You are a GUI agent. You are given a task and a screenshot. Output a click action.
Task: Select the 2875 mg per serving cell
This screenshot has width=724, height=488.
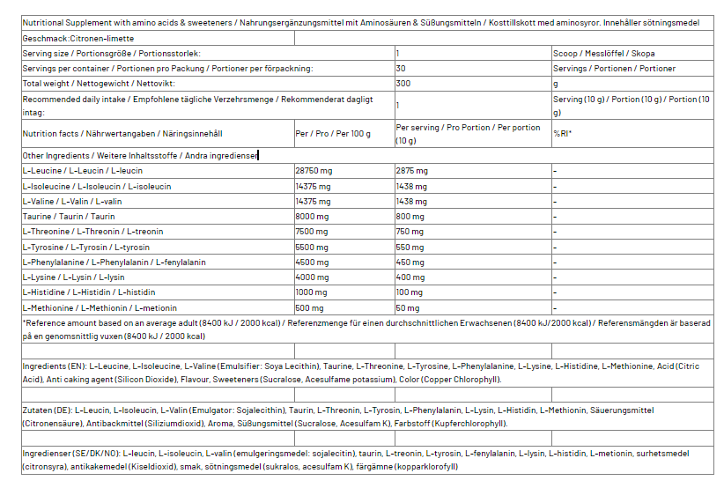(x=412, y=170)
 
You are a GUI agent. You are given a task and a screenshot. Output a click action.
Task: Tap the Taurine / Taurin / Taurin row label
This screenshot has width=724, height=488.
(x=69, y=216)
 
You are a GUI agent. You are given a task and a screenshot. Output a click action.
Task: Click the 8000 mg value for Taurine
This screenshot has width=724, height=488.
(x=313, y=216)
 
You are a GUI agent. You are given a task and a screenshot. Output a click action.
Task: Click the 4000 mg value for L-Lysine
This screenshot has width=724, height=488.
(x=313, y=277)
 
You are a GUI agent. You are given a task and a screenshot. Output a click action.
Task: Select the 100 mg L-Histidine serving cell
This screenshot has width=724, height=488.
(x=410, y=292)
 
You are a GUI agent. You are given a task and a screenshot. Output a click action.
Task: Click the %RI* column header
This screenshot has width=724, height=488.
(x=563, y=134)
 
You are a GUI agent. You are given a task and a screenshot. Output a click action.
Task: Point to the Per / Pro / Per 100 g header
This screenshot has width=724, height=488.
(x=334, y=134)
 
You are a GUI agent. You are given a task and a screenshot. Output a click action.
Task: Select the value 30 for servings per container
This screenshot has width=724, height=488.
(x=402, y=69)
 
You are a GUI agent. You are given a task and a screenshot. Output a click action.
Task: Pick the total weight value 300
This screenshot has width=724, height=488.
(x=403, y=84)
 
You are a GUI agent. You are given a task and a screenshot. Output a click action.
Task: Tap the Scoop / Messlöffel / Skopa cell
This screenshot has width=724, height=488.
(x=604, y=54)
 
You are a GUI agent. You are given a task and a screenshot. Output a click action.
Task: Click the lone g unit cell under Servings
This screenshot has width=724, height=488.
(x=556, y=84)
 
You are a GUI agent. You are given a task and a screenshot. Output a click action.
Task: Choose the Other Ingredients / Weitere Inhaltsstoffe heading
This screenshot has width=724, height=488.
(x=139, y=155)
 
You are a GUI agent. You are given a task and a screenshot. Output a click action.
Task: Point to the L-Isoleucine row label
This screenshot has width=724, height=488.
(x=97, y=186)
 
